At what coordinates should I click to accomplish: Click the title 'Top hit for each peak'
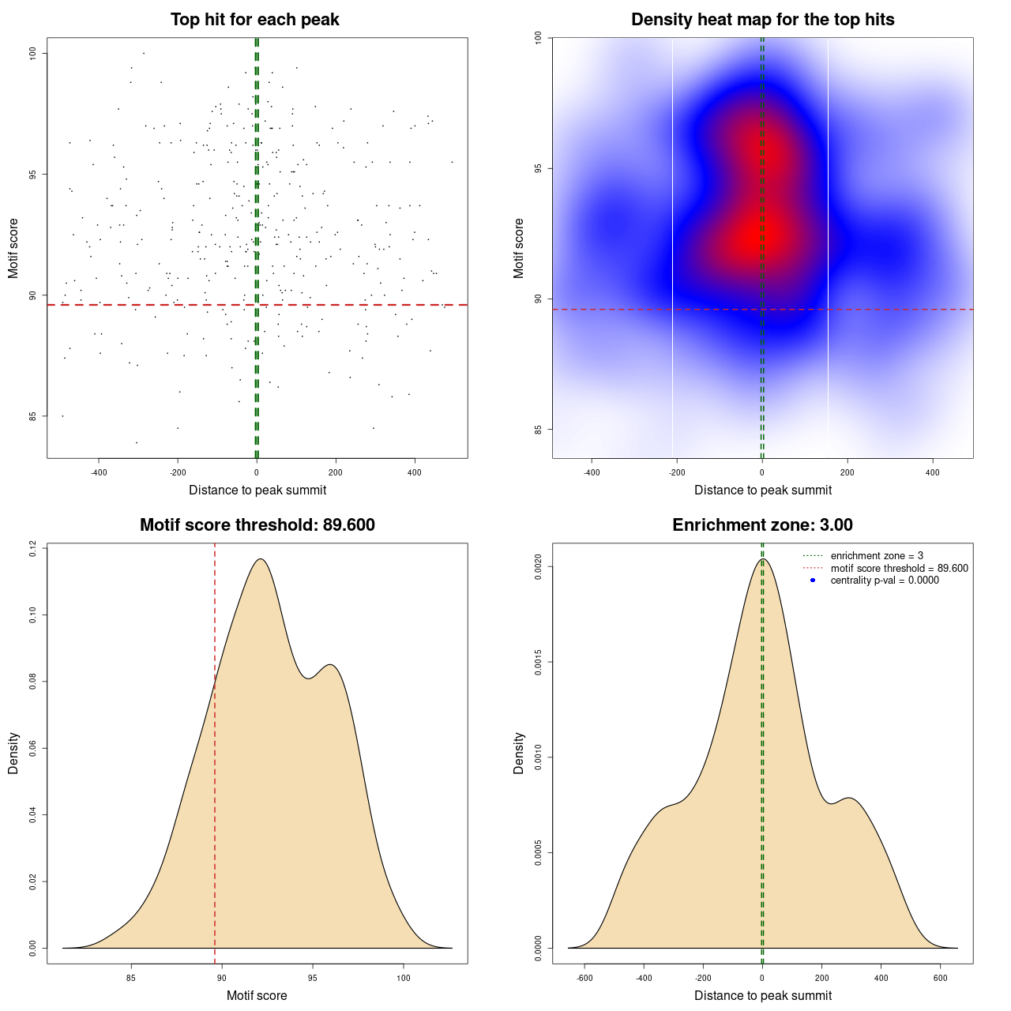pyautogui.click(x=255, y=20)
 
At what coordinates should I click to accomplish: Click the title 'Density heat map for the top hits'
pyautogui.click(x=762, y=20)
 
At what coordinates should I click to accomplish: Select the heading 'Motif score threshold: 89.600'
pyautogui.click(x=257, y=525)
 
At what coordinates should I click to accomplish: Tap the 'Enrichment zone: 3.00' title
pyautogui.click(x=762, y=525)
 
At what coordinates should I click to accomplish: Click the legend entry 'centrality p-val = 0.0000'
pyautogui.click(x=885, y=581)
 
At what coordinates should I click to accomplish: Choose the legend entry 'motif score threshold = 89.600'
pyautogui.click(x=899, y=568)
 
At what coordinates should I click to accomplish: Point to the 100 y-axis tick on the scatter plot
pyautogui.click(x=33, y=53)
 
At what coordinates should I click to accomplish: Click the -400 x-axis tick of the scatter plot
pyautogui.click(x=99, y=472)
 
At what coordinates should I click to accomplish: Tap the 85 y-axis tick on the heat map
pyautogui.click(x=538, y=430)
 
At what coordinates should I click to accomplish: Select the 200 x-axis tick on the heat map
pyautogui.click(x=848, y=472)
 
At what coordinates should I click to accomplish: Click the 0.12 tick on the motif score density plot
pyautogui.click(x=33, y=547)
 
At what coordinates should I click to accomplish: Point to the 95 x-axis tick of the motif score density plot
pyautogui.click(x=313, y=978)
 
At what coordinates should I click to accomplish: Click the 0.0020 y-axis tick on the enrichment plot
pyautogui.click(x=538, y=566)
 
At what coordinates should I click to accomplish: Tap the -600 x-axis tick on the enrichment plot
pyautogui.click(x=584, y=978)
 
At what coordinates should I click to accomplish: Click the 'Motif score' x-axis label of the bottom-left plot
pyautogui.click(x=257, y=996)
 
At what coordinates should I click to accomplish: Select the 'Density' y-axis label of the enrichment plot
pyautogui.click(x=519, y=753)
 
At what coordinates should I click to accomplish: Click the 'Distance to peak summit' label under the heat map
pyautogui.click(x=762, y=490)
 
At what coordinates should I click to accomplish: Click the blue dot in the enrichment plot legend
pyautogui.click(x=813, y=581)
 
